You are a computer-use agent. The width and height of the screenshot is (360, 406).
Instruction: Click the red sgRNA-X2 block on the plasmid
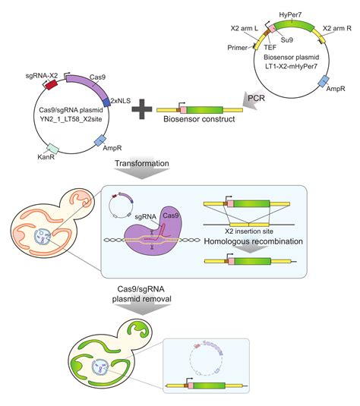click(52, 84)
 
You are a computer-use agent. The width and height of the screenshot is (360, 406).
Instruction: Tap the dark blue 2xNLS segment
click(106, 102)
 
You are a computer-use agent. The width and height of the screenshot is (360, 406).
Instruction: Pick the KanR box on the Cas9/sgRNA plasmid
click(52, 148)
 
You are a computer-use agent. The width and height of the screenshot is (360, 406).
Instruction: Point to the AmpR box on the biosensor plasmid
click(324, 81)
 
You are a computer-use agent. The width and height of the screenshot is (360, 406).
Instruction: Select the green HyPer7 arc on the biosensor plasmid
click(294, 25)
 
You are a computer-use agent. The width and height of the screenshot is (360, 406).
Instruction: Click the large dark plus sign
click(142, 109)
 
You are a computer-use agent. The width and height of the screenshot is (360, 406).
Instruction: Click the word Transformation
click(142, 163)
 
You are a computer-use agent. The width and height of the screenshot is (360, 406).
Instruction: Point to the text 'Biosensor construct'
click(199, 119)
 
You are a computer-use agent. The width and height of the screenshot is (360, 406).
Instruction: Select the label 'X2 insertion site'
click(249, 231)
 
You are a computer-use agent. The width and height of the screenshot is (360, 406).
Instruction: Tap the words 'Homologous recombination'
click(253, 241)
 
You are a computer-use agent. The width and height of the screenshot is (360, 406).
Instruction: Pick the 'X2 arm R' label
click(337, 28)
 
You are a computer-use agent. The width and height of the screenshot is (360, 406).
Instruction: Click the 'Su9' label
click(287, 40)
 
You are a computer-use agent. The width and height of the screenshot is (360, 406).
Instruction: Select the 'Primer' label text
click(238, 48)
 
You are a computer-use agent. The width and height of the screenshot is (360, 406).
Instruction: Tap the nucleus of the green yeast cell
click(100, 367)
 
